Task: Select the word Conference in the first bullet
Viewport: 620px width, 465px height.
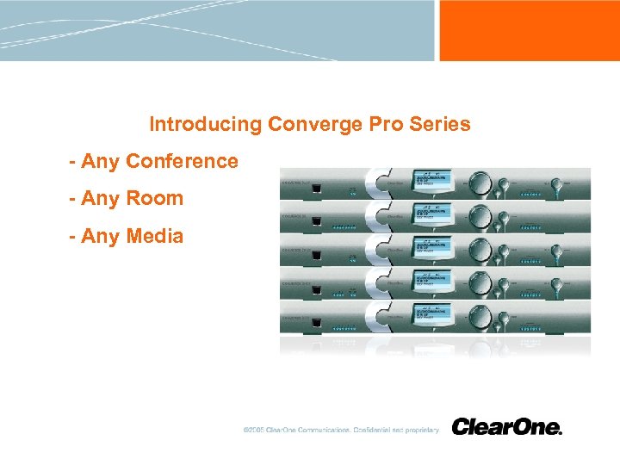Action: pyautogui.click(x=182, y=161)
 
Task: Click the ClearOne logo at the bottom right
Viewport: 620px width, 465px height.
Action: pyautogui.click(x=506, y=427)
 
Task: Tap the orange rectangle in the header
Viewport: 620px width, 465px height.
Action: pyautogui.click(x=529, y=30)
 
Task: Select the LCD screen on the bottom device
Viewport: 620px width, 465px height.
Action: pyautogui.click(x=432, y=316)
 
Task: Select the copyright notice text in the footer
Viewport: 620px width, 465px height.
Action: pyautogui.click(x=341, y=430)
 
